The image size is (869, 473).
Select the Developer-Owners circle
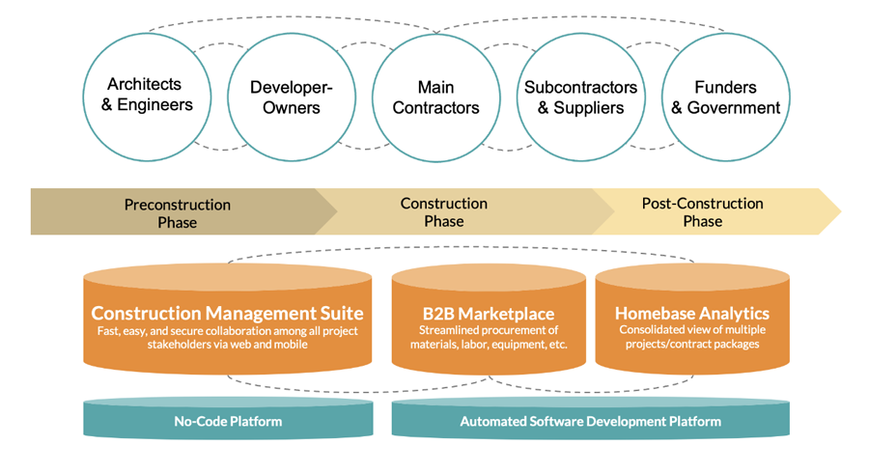(x=292, y=97)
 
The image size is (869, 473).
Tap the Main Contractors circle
(x=435, y=97)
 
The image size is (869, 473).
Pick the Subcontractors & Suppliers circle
(x=580, y=97)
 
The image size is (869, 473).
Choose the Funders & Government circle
(x=725, y=97)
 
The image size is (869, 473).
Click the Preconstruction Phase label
(x=178, y=213)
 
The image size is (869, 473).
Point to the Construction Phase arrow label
(x=444, y=212)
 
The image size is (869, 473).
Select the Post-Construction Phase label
(x=702, y=212)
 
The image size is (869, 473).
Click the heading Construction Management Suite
(x=227, y=313)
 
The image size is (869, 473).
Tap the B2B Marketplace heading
(x=488, y=314)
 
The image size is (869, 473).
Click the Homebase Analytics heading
(x=691, y=313)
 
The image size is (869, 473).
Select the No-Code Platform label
(x=228, y=421)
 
